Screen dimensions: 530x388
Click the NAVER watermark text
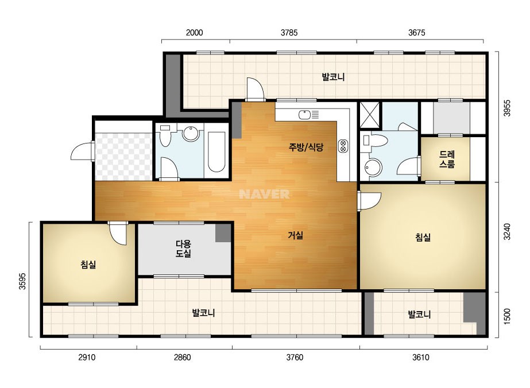click(264, 194)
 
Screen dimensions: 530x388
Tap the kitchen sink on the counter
click(304, 115)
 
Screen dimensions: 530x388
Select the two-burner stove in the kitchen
click(343, 146)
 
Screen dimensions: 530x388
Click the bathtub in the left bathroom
click(216, 152)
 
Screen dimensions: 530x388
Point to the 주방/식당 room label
click(306, 147)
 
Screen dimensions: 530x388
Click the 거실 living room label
click(295, 235)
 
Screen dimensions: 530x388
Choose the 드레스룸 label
click(447, 159)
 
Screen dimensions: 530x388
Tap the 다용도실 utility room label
click(183, 249)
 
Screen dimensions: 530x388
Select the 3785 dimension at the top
click(289, 33)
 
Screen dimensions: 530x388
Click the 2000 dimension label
click(194, 33)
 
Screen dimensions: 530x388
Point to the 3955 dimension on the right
click(507, 108)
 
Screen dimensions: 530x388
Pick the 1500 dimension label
click(507, 316)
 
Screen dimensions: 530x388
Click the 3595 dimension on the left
click(22, 281)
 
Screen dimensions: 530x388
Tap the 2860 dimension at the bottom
click(183, 357)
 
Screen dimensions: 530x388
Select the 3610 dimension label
click(421, 357)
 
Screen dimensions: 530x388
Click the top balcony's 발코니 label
click(333, 77)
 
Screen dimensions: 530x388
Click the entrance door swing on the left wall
click(81, 151)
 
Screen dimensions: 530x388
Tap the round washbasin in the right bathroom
click(373, 167)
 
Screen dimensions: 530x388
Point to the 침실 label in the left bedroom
click(88, 264)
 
